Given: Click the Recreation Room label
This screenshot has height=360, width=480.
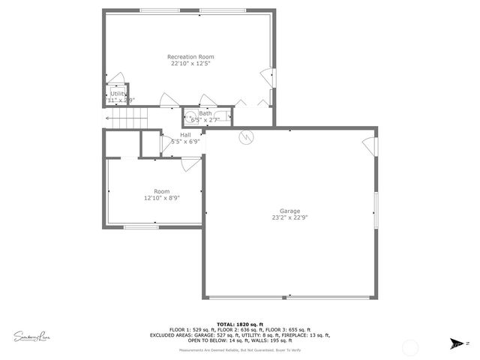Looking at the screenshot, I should tap(190, 57).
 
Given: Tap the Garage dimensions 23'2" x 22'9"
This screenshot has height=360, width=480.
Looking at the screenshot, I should tap(289, 218).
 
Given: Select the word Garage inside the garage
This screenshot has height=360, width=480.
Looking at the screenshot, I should tap(289, 211).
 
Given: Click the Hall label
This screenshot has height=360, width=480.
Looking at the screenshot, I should tap(184, 134).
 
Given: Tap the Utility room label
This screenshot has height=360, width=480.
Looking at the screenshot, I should tap(118, 94).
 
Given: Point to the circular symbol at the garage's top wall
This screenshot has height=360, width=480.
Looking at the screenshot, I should tap(245, 136).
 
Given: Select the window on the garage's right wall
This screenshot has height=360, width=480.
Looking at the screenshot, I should tap(376, 210).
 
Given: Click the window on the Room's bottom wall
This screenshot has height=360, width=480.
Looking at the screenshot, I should tap(140, 226).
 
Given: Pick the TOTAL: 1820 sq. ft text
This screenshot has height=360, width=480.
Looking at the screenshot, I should tap(240, 324).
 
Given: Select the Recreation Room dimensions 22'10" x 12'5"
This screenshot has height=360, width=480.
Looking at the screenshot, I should tap(190, 64).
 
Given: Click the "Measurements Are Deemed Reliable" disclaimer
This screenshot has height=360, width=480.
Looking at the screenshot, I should tap(240, 350).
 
